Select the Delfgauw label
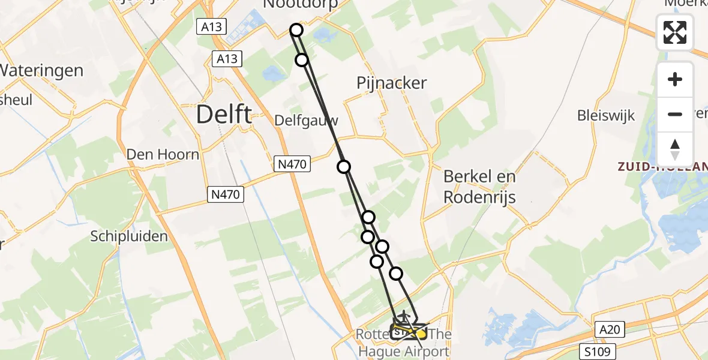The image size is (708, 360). point(306,121)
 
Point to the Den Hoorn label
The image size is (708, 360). point(163,154)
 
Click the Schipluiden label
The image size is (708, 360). point(129,236)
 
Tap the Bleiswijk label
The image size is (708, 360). point(605,116)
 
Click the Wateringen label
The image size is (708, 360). point(41,71)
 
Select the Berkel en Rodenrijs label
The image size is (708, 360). point(479,187)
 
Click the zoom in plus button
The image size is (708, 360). point(675,79)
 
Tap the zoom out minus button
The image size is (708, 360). point(675,114)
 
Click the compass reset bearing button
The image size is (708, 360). point(675,149)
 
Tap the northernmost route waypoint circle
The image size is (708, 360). point(296,30)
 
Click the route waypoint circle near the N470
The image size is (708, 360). point(344,167)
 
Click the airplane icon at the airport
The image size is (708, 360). point(404,315)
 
